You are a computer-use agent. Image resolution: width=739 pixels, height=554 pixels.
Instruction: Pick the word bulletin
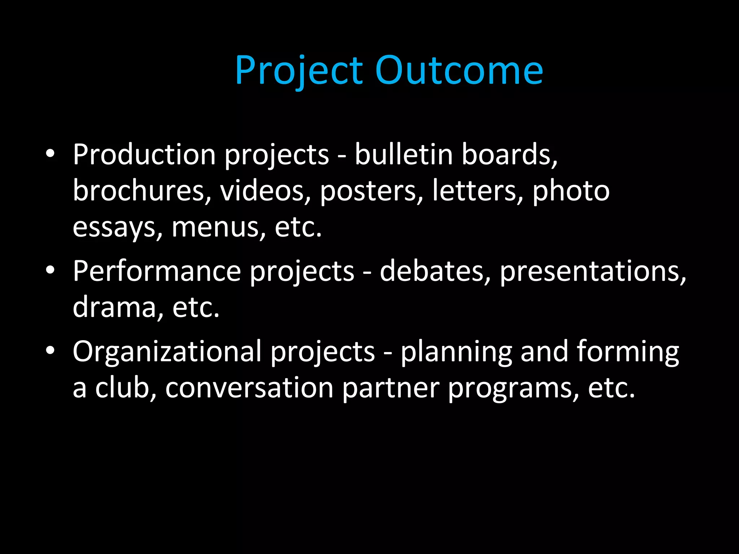pyautogui.click(x=403, y=154)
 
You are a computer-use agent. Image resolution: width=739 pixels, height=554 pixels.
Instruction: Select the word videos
pyautogui.click(x=265, y=191)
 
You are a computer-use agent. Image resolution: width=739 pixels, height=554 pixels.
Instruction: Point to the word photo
pyautogui.click(x=571, y=191)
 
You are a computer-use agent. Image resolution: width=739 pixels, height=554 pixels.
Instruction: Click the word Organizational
pyautogui.click(x=167, y=351)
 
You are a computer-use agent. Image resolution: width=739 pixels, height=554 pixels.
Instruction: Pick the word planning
pyautogui.click(x=456, y=351)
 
